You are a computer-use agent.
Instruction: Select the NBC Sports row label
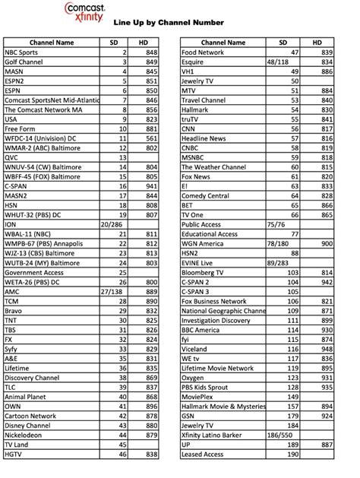click(23, 51)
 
